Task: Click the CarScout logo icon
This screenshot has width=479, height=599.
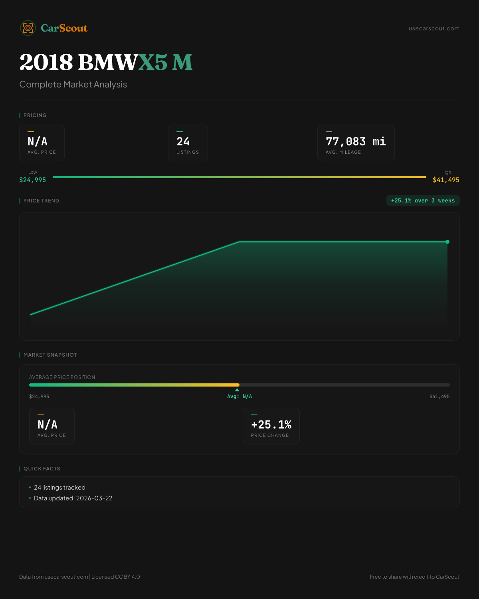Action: pyautogui.click(x=28, y=28)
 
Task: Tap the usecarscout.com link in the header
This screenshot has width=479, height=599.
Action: pyautogui.click(x=434, y=29)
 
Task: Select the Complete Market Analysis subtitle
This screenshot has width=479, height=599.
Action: pyautogui.click(x=73, y=85)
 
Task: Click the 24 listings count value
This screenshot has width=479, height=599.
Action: pyautogui.click(x=183, y=142)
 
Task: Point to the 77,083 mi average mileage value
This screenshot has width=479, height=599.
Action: pyautogui.click(x=356, y=142)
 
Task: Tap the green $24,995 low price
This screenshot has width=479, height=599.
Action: pyautogui.click(x=33, y=180)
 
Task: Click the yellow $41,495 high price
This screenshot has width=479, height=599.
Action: pyautogui.click(x=446, y=180)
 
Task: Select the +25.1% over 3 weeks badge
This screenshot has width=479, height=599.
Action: pyautogui.click(x=423, y=201)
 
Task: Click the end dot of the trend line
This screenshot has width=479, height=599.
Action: pyautogui.click(x=447, y=242)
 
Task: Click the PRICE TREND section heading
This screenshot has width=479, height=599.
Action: pyautogui.click(x=41, y=201)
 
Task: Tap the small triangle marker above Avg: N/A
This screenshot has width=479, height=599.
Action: pyautogui.click(x=237, y=390)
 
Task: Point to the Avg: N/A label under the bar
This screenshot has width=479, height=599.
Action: pyautogui.click(x=239, y=397)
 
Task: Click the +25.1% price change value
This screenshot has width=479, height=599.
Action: pyautogui.click(x=271, y=425)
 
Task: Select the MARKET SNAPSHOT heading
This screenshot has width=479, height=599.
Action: pyautogui.click(x=50, y=355)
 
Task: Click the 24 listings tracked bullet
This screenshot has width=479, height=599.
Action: pyautogui.click(x=59, y=488)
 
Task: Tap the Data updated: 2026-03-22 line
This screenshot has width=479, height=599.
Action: pyautogui.click(x=73, y=498)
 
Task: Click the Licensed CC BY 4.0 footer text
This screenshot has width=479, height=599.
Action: pyautogui.click(x=116, y=577)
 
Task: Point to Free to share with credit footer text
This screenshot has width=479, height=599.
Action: pyautogui.click(x=414, y=577)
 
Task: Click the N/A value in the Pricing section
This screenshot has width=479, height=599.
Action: pyautogui.click(x=38, y=142)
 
